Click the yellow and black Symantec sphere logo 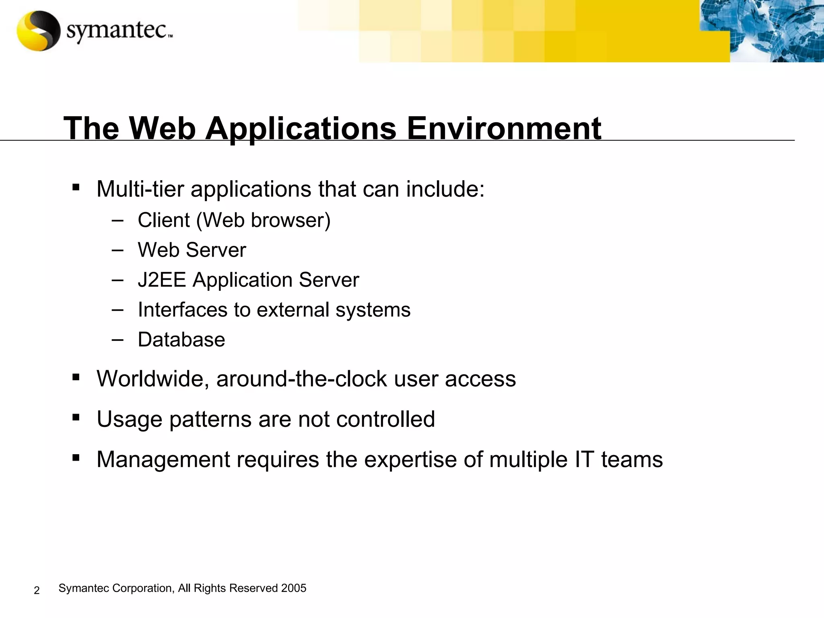(x=38, y=31)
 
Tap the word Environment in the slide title (x=504, y=128)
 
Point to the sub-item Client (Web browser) (x=234, y=220)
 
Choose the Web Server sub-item (x=192, y=250)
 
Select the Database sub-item (x=181, y=339)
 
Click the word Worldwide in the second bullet (x=152, y=379)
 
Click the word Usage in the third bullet (x=129, y=419)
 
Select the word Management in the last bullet (x=163, y=459)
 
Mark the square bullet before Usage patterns (x=76, y=418)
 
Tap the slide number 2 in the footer (x=37, y=590)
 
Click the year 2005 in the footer (x=294, y=588)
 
